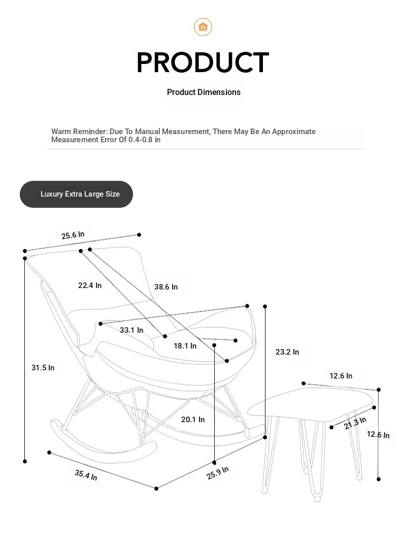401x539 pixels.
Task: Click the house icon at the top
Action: pos(203,27)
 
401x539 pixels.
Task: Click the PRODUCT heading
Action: pos(203,62)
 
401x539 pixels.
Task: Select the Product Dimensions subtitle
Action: pos(204,92)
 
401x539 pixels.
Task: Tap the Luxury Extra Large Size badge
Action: pos(76,194)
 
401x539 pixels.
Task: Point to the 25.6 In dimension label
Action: pos(73,235)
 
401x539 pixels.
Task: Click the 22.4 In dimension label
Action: pos(90,286)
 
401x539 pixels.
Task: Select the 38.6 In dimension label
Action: pos(166,287)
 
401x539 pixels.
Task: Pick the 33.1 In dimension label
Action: pos(131,330)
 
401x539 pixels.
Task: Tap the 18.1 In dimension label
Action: pos(185,346)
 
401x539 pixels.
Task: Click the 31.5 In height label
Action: pos(43,368)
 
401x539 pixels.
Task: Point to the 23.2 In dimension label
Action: pos(287,352)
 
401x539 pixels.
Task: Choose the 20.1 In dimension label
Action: pos(193,420)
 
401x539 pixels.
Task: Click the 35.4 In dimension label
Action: pos(86,475)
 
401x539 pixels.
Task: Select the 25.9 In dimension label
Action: pos(217,473)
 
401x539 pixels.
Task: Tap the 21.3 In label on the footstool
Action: pos(355,423)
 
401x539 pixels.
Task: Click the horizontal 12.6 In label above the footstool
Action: pos(341,376)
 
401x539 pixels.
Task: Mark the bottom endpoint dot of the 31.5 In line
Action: pos(25,461)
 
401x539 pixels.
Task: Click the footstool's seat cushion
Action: pos(310,404)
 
